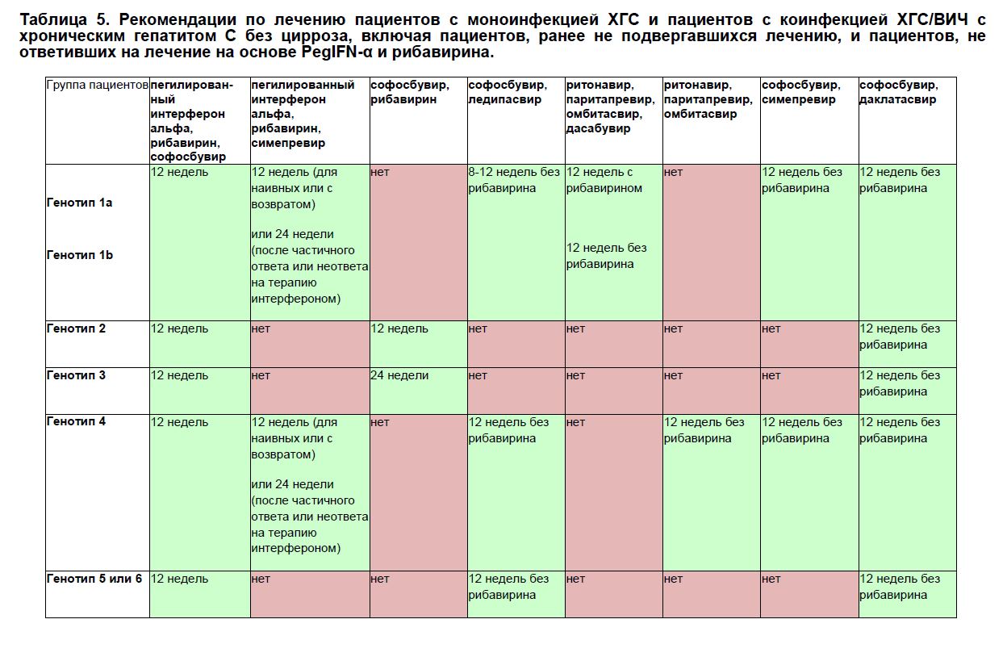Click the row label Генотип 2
coord(76,329)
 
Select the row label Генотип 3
coord(76,376)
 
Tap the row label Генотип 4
coord(76,422)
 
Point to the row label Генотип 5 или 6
coord(94,579)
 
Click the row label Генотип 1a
coord(79,203)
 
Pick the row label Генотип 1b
coord(79,255)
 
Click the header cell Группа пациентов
coord(97,86)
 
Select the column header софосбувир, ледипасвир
coord(508,92)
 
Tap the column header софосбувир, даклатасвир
coord(898,92)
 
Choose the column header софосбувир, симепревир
coord(800,92)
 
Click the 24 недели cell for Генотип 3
coord(399,376)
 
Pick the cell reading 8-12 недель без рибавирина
coord(514,180)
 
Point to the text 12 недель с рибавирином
coord(604,180)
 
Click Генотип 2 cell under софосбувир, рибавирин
coord(399,329)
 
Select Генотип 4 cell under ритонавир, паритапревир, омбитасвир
coord(704,430)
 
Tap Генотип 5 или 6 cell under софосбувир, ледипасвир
coord(509,587)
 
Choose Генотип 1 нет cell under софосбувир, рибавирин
coord(380,173)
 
